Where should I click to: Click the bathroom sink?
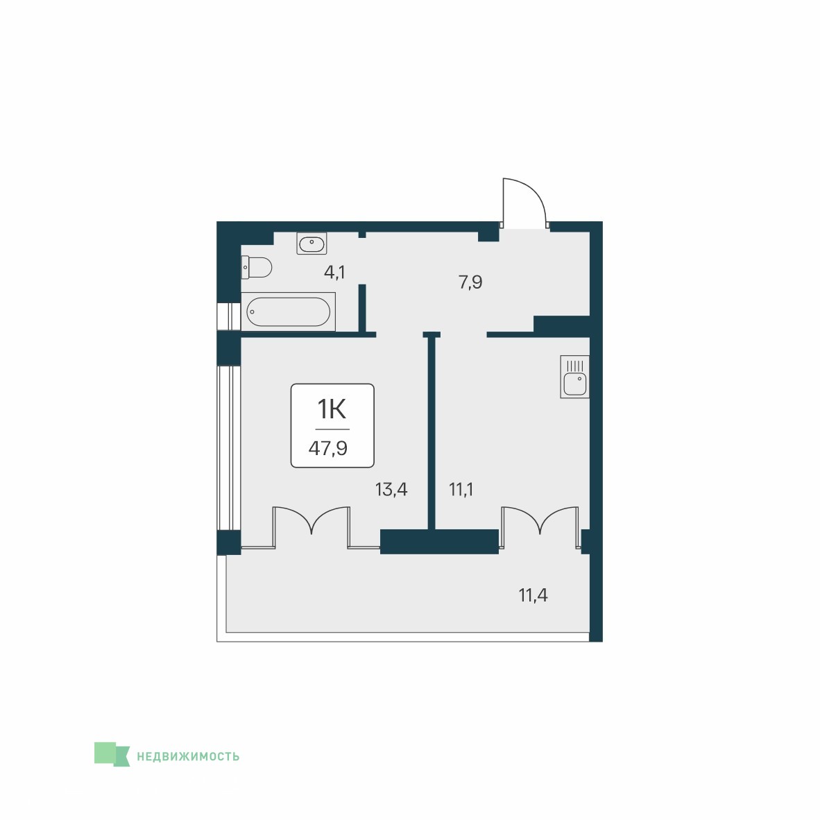pyautogui.click(x=311, y=244)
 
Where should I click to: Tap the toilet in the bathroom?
pyautogui.click(x=256, y=267)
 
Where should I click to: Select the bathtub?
pyautogui.click(x=288, y=311)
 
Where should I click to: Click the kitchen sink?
pyautogui.click(x=574, y=377)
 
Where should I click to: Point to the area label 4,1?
pyautogui.click(x=334, y=273)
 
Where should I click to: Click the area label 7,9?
pyautogui.click(x=470, y=282)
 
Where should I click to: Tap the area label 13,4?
pyautogui.click(x=391, y=490)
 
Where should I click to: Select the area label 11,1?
pyautogui.click(x=461, y=490)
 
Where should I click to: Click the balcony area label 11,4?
pyautogui.click(x=533, y=595)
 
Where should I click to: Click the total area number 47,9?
pyautogui.click(x=328, y=448)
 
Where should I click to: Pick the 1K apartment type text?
pyautogui.click(x=332, y=409)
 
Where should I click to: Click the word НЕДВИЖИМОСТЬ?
pyautogui.click(x=188, y=756)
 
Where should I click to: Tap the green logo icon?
pyautogui.click(x=112, y=754)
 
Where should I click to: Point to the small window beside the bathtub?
pyautogui.click(x=228, y=316)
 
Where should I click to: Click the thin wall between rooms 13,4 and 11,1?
pyautogui.click(x=432, y=432)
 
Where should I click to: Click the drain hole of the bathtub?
pyautogui.click(x=252, y=311)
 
